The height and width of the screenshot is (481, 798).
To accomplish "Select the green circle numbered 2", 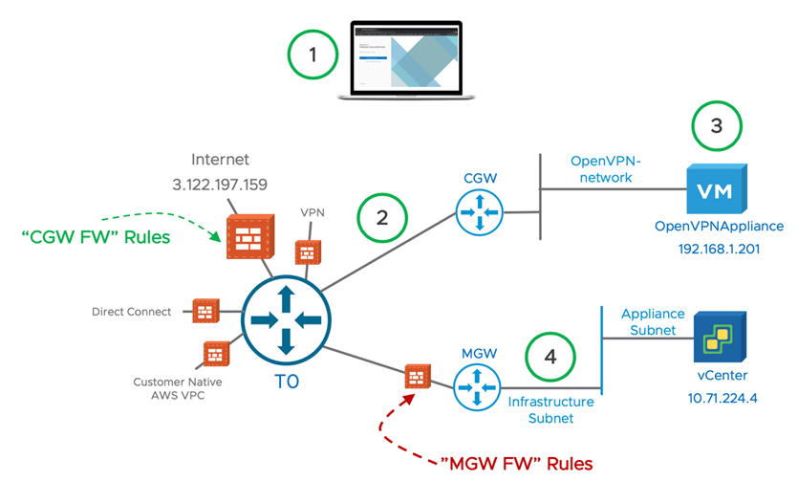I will (382, 218).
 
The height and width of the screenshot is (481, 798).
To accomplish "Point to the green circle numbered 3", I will (716, 127).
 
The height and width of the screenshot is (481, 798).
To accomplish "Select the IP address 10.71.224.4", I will (722, 398).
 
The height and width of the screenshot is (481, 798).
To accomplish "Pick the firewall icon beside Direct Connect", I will (205, 312).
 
